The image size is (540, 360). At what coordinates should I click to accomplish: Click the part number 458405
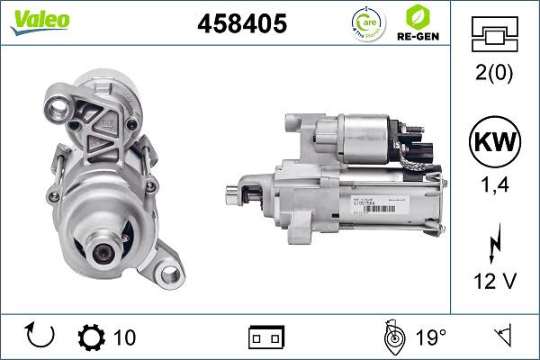(x=240, y=23)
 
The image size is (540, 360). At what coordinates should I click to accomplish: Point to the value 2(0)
(x=495, y=75)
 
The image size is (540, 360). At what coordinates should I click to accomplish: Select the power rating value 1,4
(x=495, y=186)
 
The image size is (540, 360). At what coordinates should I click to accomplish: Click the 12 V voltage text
(x=495, y=282)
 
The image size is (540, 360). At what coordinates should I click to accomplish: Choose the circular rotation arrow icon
(x=41, y=337)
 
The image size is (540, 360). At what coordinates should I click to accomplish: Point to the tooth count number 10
(x=125, y=337)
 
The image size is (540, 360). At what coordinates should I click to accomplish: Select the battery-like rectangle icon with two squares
(x=265, y=337)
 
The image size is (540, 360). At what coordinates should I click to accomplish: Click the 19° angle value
(x=431, y=337)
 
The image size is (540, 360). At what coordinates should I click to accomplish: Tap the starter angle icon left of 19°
(x=393, y=337)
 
